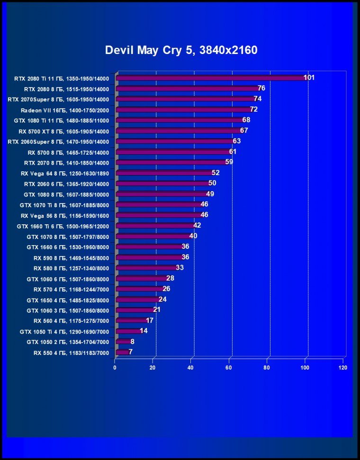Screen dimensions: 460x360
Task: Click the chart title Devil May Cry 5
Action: (181, 50)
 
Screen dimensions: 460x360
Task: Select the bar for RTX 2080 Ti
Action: (211, 78)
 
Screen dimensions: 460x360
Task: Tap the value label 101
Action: (309, 78)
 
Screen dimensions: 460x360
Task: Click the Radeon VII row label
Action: (65, 110)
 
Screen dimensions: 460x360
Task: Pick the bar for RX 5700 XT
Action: (179, 131)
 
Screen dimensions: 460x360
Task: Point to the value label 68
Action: (246, 120)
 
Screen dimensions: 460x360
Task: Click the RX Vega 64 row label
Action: (65, 173)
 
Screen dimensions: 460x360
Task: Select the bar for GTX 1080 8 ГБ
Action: (162, 194)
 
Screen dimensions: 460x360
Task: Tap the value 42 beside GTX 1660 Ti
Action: (197, 225)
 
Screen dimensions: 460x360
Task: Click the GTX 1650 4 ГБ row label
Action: (68, 300)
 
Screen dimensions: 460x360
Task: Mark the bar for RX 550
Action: (122, 352)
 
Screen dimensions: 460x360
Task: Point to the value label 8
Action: (132, 341)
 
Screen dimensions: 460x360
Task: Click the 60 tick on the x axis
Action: (229, 368)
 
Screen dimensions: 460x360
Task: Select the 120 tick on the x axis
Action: (343, 368)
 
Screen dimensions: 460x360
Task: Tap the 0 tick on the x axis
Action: (115, 368)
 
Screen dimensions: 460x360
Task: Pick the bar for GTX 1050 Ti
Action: (128, 331)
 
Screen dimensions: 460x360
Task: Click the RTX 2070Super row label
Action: (58, 99)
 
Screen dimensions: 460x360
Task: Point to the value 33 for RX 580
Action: (180, 267)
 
